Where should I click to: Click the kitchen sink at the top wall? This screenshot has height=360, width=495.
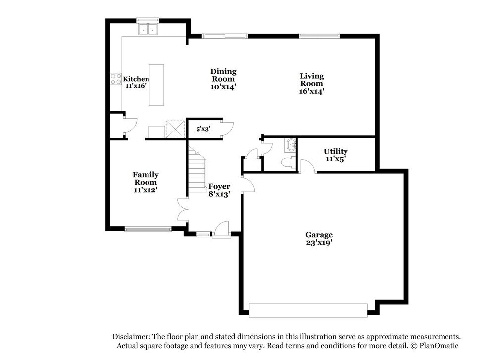148,30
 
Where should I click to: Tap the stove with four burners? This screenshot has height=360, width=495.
116,79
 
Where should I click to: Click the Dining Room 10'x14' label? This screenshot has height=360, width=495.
223,79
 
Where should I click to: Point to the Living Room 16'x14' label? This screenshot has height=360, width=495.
312,83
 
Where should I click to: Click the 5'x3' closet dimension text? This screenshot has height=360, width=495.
203,129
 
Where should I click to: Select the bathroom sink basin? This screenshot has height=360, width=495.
291,146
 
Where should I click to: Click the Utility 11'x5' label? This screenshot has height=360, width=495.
336,155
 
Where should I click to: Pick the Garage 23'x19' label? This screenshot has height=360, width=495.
319,239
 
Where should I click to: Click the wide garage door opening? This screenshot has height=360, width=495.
309,310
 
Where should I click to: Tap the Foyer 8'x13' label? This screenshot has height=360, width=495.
219,190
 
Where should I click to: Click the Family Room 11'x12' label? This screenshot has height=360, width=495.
146,182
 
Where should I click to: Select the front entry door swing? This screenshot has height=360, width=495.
221,230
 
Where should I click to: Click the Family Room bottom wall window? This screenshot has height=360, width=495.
148,229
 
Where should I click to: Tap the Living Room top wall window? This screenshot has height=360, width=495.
319,36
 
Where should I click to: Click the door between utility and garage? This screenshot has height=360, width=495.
308,167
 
